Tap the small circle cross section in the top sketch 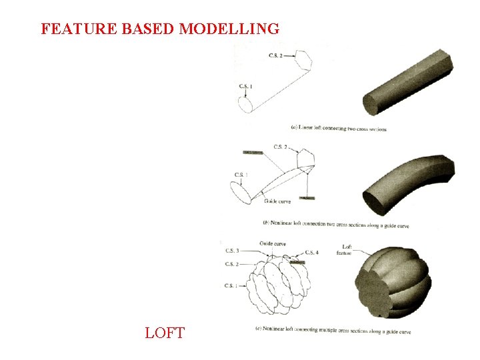coord(245,104)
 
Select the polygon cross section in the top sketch coord(302,59)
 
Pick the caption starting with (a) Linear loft coord(339,128)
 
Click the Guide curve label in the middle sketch coord(277,201)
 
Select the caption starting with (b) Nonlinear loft coord(336,225)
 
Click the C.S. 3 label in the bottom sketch coord(233,251)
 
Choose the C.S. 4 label coord(311,253)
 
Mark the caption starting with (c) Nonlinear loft coord(333,331)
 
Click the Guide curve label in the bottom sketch coord(273,244)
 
